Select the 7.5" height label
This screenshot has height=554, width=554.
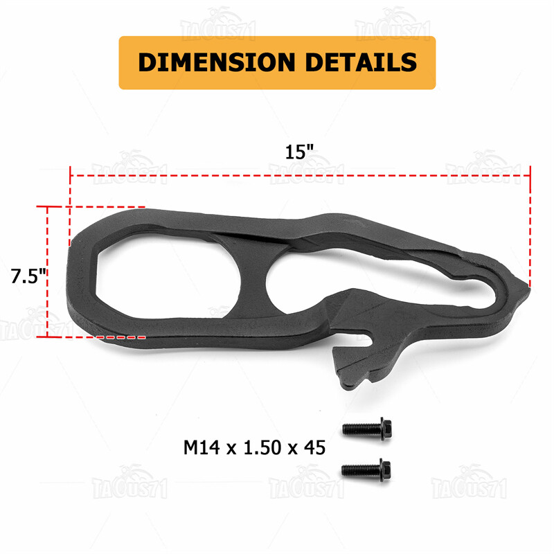(28, 276)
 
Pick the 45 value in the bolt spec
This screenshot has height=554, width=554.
(314, 447)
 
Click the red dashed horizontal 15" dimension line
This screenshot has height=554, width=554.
(298, 175)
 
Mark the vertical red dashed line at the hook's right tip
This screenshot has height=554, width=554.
(530, 229)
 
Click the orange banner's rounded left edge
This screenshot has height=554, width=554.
(123, 62)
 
